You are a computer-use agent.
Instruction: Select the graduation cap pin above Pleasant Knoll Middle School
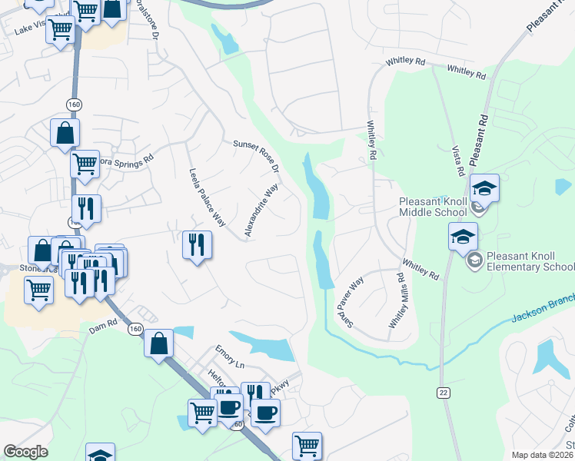click(x=485, y=187)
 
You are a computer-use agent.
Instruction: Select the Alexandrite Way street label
click(x=261, y=210)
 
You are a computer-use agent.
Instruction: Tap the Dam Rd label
click(x=101, y=327)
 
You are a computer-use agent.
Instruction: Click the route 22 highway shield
click(x=443, y=393)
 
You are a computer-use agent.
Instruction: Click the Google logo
click(x=25, y=451)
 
